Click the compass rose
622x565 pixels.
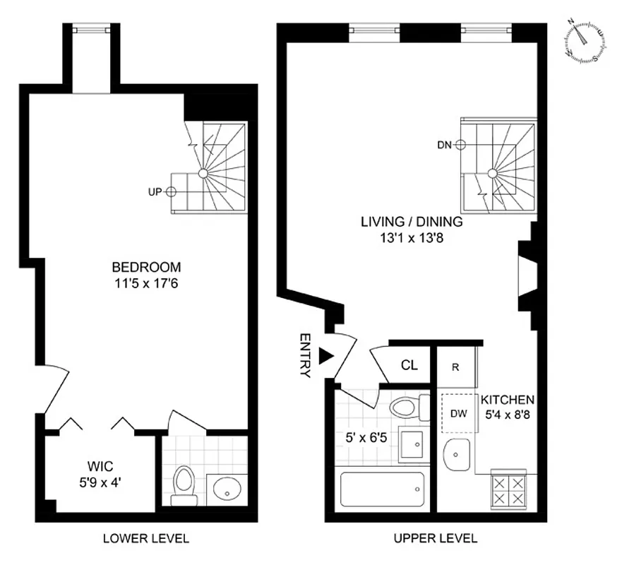[x=585, y=42]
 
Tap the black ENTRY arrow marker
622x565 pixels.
[x=324, y=357]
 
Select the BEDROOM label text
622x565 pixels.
[x=146, y=267]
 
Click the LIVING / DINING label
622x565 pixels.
[x=412, y=222]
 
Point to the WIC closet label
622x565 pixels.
[x=100, y=465]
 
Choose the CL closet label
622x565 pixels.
[x=409, y=365]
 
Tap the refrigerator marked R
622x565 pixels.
[x=455, y=367]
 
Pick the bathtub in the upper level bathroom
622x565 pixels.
[x=382, y=489]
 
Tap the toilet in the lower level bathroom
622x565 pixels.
[x=184, y=487]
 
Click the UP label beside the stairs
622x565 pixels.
[x=155, y=191]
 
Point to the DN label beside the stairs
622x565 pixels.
[x=444, y=145]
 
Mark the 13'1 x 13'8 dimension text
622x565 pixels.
[x=411, y=237]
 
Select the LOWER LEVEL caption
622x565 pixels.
[x=146, y=538]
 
